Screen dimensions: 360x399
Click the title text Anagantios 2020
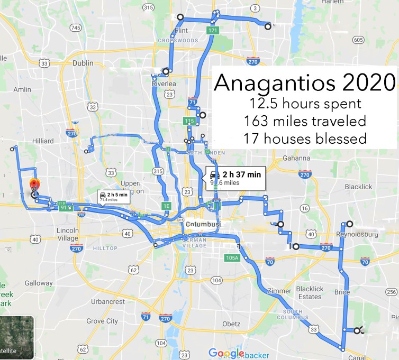305,83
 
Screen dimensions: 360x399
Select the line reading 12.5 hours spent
304,104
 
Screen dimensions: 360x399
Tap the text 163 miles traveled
304,121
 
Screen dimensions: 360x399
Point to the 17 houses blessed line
304,139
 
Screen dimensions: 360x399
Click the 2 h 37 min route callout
235,178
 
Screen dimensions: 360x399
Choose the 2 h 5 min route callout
113,197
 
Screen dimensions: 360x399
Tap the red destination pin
33,183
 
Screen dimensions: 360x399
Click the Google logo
226,353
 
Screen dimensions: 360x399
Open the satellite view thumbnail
17,337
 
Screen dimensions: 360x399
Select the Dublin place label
83,62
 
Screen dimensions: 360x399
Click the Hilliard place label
43,141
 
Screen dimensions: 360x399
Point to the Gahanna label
296,158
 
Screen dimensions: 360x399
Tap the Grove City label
102,321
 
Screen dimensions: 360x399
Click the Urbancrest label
107,302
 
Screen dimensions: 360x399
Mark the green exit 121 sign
213,31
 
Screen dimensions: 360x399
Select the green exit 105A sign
232,257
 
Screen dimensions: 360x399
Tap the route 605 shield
358,40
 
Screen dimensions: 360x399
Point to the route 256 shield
391,292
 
